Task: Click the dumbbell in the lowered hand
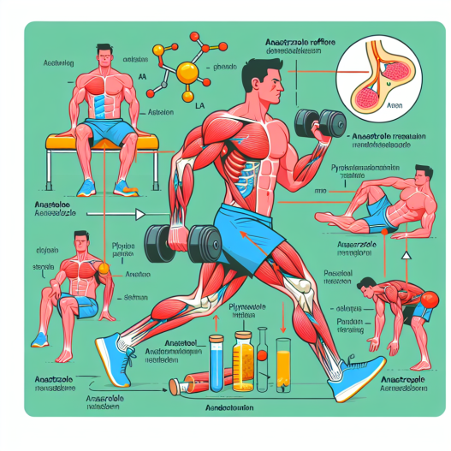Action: (181, 242)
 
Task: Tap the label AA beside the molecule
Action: (142, 74)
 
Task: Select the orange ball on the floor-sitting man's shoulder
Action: (104, 268)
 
